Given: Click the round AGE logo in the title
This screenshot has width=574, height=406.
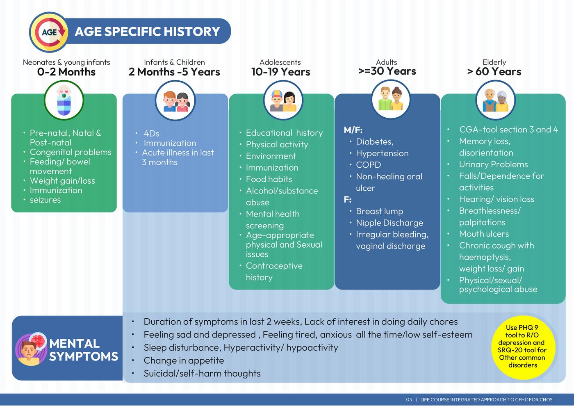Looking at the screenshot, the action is [x=49, y=32].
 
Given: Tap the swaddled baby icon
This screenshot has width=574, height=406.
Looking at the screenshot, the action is [x=64, y=100].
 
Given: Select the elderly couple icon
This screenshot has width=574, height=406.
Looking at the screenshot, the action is [x=496, y=100].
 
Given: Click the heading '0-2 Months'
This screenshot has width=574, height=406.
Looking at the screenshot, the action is [x=66, y=72].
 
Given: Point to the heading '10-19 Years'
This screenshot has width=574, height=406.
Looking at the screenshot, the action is [x=280, y=72].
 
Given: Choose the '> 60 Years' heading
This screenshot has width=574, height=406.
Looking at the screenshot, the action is [x=494, y=71].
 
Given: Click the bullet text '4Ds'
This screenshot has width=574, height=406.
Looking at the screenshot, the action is [x=151, y=133].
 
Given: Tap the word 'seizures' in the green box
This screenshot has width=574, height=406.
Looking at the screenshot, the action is [x=45, y=200].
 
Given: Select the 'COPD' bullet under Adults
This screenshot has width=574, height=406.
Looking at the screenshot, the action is [x=368, y=165].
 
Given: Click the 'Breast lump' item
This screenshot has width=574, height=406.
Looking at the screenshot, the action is [x=379, y=211].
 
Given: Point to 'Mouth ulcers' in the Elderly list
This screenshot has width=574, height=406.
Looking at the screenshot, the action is [x=484, y=234].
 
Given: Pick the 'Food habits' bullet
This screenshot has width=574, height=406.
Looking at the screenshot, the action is [x=269, y=179].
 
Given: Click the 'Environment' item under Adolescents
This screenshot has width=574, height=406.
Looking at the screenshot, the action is [x=271, y=156].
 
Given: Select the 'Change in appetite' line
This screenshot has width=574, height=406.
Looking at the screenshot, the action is [x=184, y=360].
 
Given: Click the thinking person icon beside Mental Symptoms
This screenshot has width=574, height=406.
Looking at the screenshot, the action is [x=31, y=349].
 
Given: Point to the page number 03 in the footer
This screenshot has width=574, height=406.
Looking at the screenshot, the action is [x=409, y=399].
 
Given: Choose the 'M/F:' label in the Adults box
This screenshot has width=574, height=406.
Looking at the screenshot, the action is [x=353, y=130].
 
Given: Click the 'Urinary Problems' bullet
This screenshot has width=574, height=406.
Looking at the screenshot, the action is [x=493, y=164].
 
